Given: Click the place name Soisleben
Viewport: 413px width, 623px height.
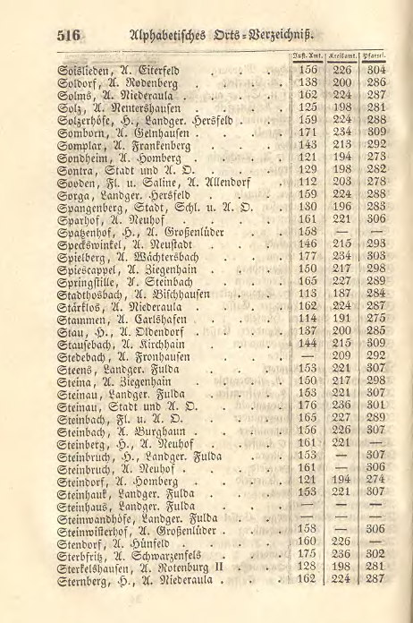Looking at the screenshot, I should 80,68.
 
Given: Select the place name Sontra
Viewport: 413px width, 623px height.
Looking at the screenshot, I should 75,167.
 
